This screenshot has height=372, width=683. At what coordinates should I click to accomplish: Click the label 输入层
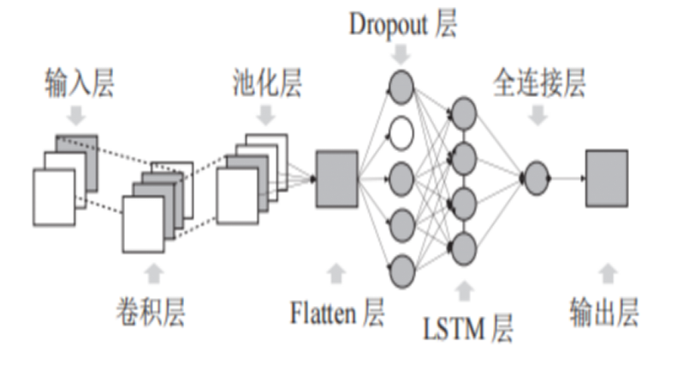[x=80, y=82]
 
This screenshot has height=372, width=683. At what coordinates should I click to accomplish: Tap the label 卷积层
[x=151, y=311]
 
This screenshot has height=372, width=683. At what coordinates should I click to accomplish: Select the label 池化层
[x=267, y=82]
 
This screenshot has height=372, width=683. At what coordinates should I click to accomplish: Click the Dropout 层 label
[x=403, y=24]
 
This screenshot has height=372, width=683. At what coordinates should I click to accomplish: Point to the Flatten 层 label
[x=337, y=312]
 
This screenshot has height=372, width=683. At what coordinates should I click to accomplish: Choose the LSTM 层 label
[x=468, y=328]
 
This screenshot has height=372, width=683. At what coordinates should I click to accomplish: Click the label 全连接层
[x=539, y=82]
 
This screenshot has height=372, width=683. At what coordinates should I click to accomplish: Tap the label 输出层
[x=604, y=311]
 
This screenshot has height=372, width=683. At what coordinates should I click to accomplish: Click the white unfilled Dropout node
[x=401, y=133]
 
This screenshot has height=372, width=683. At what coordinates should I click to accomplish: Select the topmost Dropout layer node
[x=401, y=87]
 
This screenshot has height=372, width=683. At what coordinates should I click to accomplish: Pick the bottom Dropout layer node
[x=401, y=272]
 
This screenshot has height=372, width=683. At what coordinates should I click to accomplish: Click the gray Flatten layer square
[x=337, y=179]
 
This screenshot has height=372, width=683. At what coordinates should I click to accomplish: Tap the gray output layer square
[x=607, y=178]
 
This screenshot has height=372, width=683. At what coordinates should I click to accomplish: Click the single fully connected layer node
[x=536, y=178]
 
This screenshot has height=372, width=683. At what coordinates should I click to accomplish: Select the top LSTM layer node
[x=464, y=113]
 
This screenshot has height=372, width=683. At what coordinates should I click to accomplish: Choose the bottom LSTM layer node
[x=464, y=249]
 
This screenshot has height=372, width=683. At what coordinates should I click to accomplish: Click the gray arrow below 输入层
[x=77, y=115]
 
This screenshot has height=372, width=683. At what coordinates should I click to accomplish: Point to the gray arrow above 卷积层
[x=154, y=273]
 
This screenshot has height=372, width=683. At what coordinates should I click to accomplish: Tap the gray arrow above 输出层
[x=608, y=273]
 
